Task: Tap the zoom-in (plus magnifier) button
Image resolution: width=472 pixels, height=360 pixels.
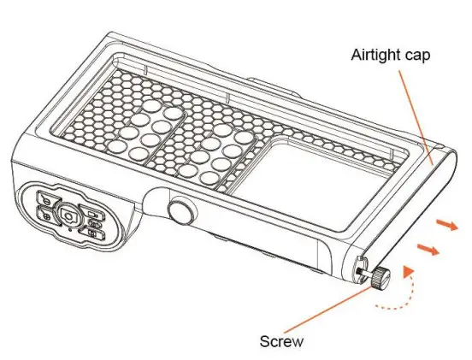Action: pyautogui.click(x=45, y=215)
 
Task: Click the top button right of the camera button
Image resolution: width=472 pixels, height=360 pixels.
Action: pyautogui.click(x=96, y=214)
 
